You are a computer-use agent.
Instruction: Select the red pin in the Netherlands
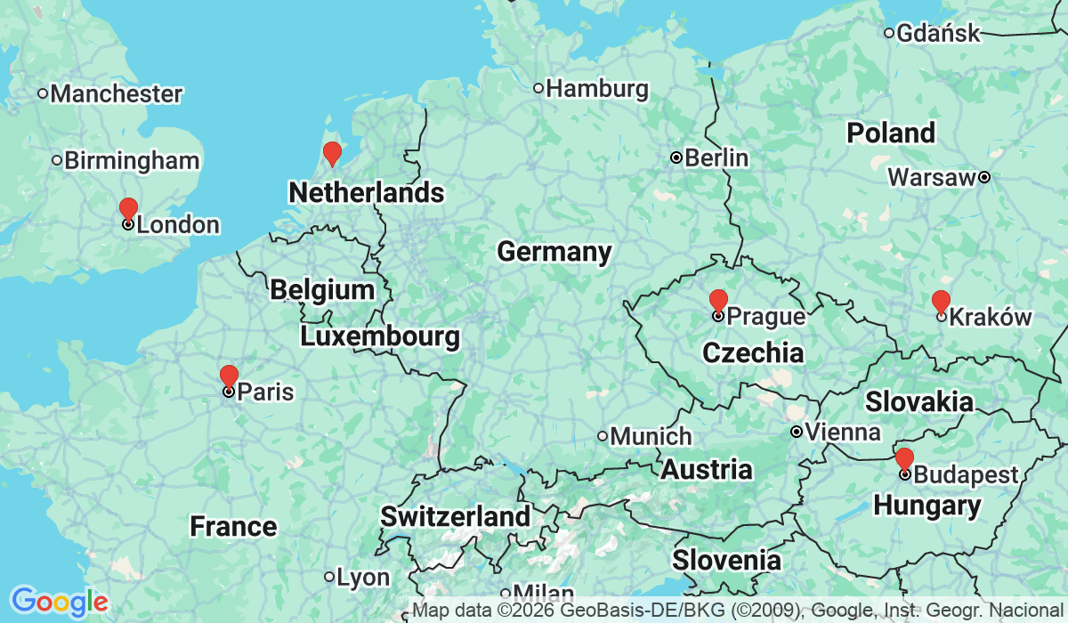[x=332, y=153]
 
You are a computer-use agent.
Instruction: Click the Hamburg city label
[x=596, y=88]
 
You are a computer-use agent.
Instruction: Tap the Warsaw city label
[x=932, y=177]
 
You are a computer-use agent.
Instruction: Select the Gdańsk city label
[x=938, y=34]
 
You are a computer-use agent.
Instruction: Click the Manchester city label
[x=116, y=93]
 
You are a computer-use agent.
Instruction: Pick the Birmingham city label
[x=131, y=160]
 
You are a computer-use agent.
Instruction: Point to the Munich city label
[x=651, y=436]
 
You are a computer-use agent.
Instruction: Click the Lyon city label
[x=363, y=577]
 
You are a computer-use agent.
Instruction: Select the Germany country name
[x=554, y=252]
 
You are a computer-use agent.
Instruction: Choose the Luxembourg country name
[x=380, y=336]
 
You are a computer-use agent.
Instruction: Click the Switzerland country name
[x=455, y=516]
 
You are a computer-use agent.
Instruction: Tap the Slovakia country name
[x=919, y=401]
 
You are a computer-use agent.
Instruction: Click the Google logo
[x=59, y=602]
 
